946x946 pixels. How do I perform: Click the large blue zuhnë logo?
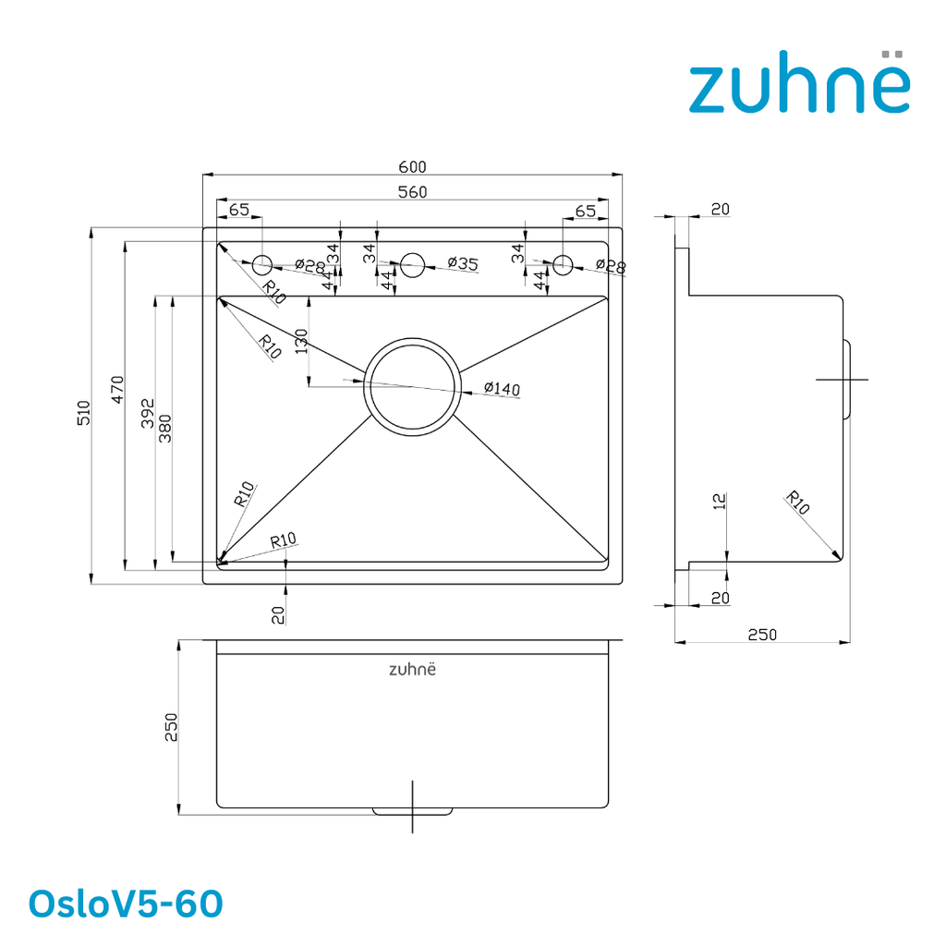(799, 81)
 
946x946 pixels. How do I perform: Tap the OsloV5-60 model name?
(126, 904)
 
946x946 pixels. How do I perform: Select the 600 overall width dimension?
(412, 166)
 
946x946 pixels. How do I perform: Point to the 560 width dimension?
(412, 192)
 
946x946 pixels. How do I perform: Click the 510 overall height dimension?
(83, 413)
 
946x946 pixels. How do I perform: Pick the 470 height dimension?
(117, 389)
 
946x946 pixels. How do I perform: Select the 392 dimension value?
(148, 413)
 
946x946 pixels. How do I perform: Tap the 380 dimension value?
(164, 429)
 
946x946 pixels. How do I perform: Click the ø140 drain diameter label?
(502, 389)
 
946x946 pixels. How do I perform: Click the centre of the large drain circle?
(412, 386)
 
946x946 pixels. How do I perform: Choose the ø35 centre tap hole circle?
(413, 265)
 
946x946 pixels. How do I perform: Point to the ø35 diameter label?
(463, 263)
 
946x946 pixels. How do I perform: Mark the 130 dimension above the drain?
(301, 341)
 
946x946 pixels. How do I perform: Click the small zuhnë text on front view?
(412, 669)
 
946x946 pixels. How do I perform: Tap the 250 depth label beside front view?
(171, 727)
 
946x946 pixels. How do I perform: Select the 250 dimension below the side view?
(762, 635)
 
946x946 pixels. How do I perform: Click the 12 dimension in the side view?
(719, 502)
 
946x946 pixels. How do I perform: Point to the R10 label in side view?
(797, 503)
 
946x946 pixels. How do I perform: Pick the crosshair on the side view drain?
(843, 380)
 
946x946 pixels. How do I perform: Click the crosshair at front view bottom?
(412, 807)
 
